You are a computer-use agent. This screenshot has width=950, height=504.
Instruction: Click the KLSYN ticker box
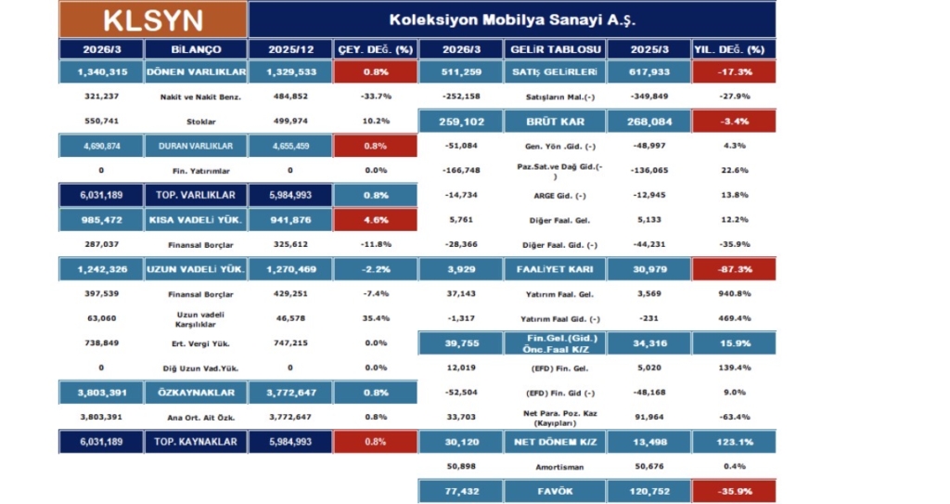pyautogui.click(x=153, y=19)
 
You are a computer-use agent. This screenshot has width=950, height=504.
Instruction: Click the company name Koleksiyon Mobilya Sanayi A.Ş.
pyautogui.click(x=511, y=19)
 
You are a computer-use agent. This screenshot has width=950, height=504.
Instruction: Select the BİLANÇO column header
pyautogui.click(x=196, y=49)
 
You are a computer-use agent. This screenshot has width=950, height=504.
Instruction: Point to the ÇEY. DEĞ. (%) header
pyautogui.click(x=376, y=49)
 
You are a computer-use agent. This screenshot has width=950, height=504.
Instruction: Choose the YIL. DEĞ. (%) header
pyautogui.click(x=733, y=49)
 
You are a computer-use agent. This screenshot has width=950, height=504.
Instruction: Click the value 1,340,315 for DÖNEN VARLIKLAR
pyautogui.click(x=100, y=72)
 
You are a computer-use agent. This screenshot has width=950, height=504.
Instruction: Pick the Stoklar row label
pyautogui.click(x=196, y=121)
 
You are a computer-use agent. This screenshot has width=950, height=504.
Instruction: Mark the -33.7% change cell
pyautogui.click(x=375, y=97)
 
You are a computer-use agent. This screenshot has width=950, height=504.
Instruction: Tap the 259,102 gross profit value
pyautogui.click(x=459, y=121)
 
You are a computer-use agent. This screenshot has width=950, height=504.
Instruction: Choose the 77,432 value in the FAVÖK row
pyautogui.click(x=459, y=489)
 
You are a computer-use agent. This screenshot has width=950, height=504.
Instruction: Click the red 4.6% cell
pyautogui.click(x=375, y=219)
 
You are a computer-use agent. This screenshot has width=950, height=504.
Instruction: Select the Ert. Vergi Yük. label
pyautogui.click(x=196, y=342)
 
